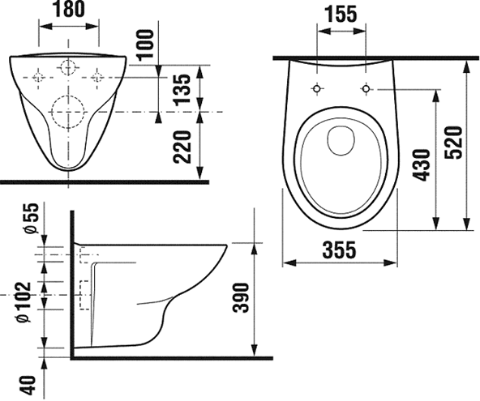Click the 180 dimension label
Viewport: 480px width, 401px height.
(x=69, y=9)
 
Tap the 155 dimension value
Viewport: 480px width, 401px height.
(x=341, y=14)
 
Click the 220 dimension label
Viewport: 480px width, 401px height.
(x=182, y=147)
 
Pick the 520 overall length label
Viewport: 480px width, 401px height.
(x=453, y=143)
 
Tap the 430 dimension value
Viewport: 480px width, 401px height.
(x=421, y=165)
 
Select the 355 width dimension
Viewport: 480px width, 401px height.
(x=340, y=250)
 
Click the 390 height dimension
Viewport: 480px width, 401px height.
(x=241, y=297)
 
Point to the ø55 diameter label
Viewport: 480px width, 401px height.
(x=32, y=218)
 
